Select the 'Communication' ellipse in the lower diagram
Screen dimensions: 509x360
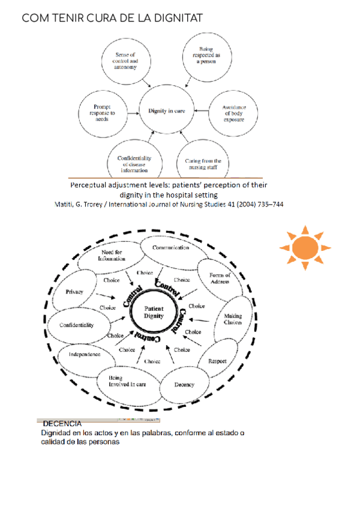(x=171, y=248)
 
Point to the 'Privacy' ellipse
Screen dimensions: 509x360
(x=74, y=292)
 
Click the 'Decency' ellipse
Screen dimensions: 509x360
(x=184, y=384)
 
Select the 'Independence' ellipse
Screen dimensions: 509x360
(x=82, y=354)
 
